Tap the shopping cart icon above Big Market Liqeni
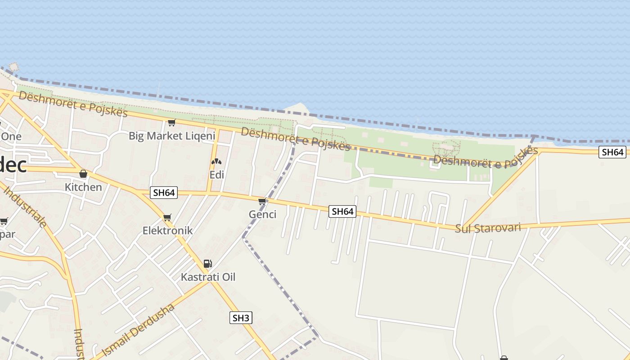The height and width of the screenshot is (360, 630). coord(171,122)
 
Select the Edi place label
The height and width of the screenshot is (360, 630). coord(216,175)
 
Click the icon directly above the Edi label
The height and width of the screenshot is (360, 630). coord(216,162)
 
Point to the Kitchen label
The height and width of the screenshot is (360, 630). coord(83,187)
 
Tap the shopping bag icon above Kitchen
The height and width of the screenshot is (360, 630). coord(83,174)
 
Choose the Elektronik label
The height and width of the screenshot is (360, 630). coord(167,230)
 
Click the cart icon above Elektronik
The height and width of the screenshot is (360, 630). coord(167,218)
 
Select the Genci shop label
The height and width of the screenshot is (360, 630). coord(262,214)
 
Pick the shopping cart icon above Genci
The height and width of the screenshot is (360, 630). coord(262,201)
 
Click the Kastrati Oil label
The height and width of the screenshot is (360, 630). coord(208,277)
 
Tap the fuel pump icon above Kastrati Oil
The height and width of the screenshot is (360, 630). coord(207,264)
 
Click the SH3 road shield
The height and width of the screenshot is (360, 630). coord(241,318)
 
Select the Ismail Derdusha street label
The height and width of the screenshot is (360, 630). coord(138,330)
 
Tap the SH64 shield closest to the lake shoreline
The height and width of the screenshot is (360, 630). coord(612,152)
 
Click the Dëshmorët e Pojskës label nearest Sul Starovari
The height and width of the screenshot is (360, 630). coord(486,157)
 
